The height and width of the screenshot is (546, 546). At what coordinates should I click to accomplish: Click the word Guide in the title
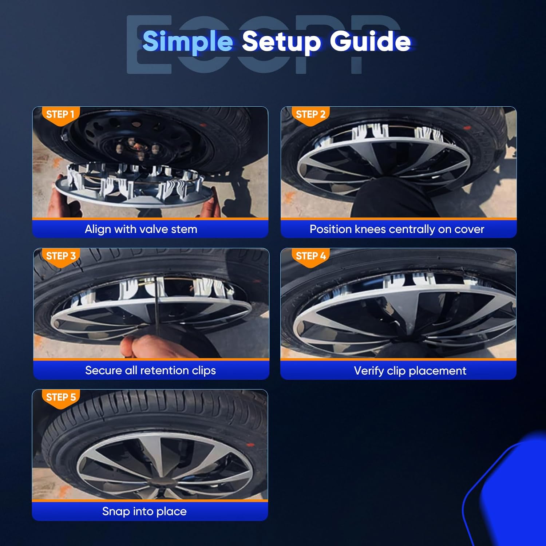coord(370,41)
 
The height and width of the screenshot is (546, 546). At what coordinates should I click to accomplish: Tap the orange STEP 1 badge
coord(60,116)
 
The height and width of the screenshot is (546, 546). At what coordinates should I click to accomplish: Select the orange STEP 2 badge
coord(310,116)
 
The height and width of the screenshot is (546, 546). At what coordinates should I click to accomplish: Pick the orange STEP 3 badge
coord(61,257)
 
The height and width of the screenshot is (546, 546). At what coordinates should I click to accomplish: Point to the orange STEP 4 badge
coord(310,257)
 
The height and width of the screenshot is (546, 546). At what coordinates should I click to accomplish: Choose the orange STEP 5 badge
coord(61,398)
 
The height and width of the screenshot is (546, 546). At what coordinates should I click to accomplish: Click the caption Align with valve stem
coord(141,229)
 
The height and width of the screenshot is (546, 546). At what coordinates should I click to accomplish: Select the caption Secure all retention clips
coord(150,371)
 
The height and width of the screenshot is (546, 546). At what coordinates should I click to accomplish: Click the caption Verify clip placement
coord(410,371)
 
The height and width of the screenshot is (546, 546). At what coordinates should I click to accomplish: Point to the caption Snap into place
coord(144,511)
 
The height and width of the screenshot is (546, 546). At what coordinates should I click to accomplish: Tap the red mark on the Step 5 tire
coord(250,444)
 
